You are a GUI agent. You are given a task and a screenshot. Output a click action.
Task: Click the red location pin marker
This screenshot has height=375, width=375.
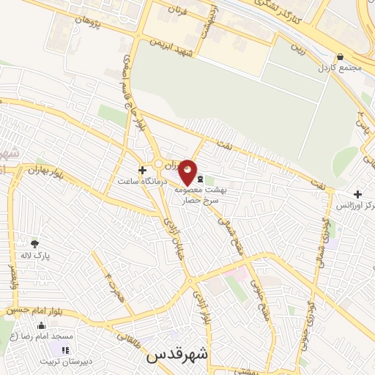[187, 172]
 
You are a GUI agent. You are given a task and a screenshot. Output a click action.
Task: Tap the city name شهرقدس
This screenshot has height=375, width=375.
[178, 354]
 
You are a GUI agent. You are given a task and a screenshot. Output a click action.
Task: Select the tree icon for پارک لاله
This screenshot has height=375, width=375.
[34, 244]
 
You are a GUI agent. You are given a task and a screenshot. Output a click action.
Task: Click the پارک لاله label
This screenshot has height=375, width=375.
[35, 256]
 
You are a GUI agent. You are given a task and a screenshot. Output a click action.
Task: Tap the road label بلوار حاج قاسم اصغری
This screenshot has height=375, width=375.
[132, 95]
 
